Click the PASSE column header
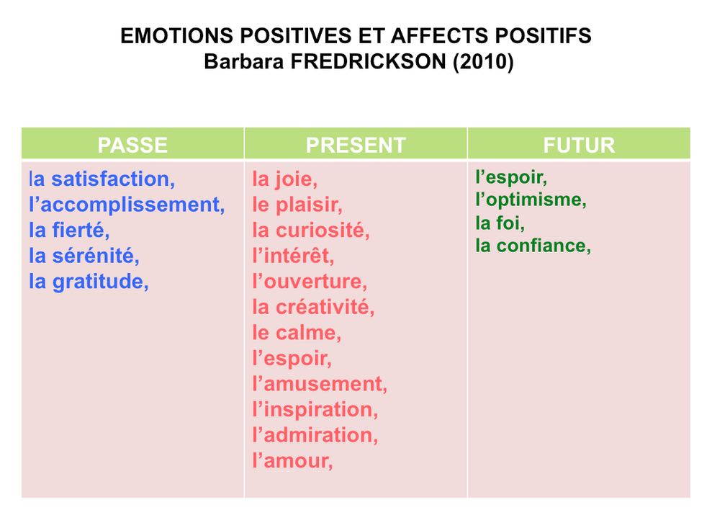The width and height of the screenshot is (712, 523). pos(132,145)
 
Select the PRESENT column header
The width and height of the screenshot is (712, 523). pos(356,145)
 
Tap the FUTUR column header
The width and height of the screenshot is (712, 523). pos(579,145)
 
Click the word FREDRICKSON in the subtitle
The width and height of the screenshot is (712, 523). pos(369,61)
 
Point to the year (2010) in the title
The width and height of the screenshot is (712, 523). pos(483,62)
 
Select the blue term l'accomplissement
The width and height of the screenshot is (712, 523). pos(127,205)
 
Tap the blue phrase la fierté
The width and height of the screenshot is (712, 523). pos(69,230)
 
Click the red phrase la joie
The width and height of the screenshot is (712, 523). pos(284,179)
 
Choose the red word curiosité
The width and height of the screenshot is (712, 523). pos(323,230)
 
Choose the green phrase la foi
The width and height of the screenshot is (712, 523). pos(500,223)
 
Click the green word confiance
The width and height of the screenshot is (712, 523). pos(544,246)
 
